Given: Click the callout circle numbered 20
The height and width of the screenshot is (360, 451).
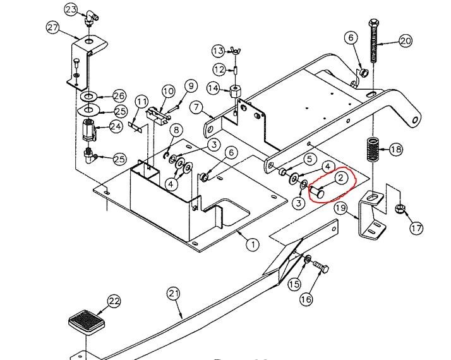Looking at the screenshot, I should [x=405, y=41].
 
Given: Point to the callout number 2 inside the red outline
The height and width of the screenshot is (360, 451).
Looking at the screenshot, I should [x=340, y=178].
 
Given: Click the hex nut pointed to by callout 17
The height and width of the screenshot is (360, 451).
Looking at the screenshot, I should [x=399, y=209].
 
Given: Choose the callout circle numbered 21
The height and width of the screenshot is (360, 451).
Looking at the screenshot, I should [x=174, y=293].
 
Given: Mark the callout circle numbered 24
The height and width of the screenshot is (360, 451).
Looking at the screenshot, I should [x=116, y=126].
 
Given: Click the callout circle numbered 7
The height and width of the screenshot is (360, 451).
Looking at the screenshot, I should [x=194, y=107].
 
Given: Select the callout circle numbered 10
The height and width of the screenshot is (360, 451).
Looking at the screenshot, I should [x=167, y=92].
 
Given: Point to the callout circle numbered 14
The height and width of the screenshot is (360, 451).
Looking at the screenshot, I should [x=213, y=89].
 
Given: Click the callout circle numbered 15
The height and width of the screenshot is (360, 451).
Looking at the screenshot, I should [x=294, y=284].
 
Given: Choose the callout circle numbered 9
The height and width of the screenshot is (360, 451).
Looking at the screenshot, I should [x=191, y=86].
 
